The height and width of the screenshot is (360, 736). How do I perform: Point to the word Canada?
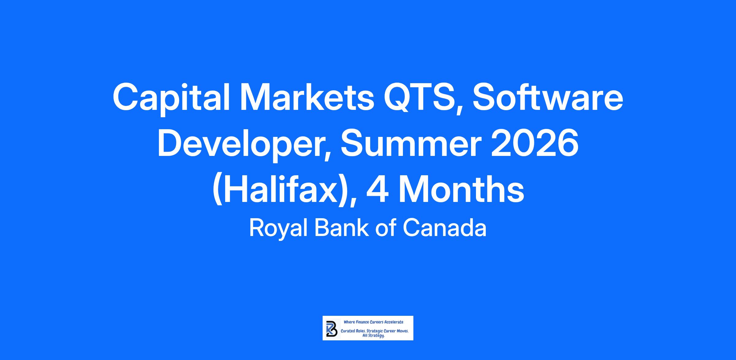pos(445,228)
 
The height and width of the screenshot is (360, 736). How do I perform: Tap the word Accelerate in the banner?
pos(394,322)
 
